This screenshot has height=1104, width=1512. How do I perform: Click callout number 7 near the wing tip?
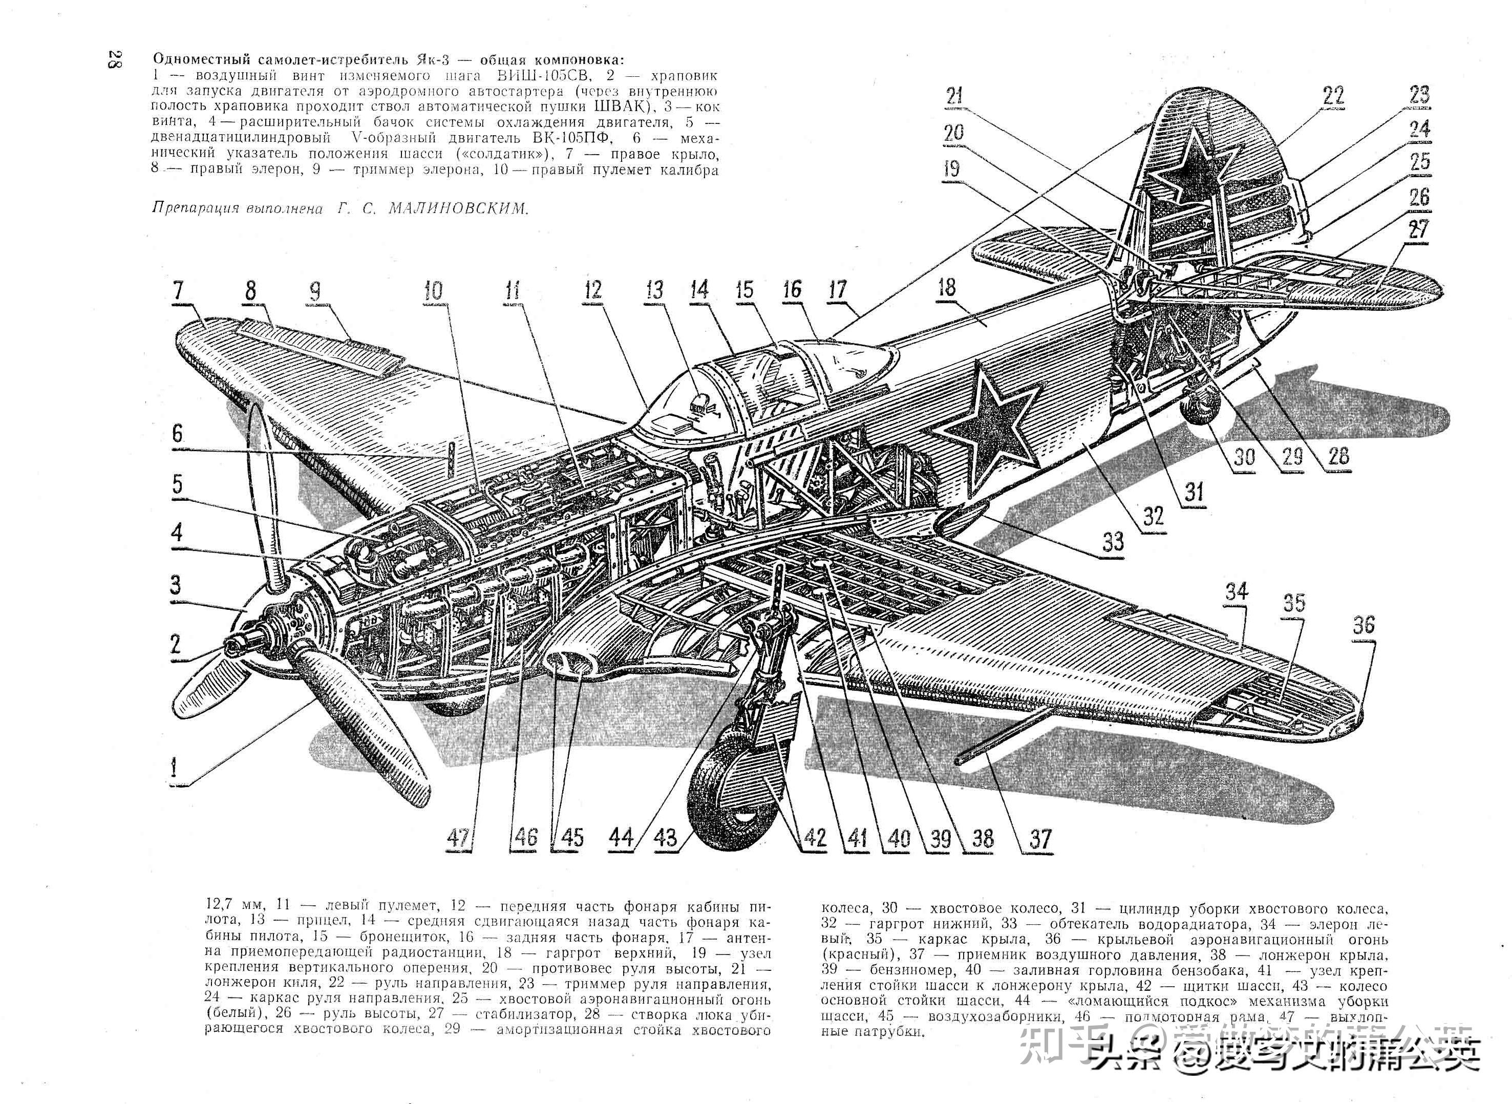click(178, 292)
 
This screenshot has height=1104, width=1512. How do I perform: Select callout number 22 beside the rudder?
click(1333, 96)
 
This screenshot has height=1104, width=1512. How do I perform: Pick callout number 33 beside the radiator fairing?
click(1113, 542)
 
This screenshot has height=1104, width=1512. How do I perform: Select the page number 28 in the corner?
click(113, 59)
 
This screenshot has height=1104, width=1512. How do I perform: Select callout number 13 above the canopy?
click(655, 290)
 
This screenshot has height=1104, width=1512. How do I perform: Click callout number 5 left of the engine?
click(177, 484)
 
